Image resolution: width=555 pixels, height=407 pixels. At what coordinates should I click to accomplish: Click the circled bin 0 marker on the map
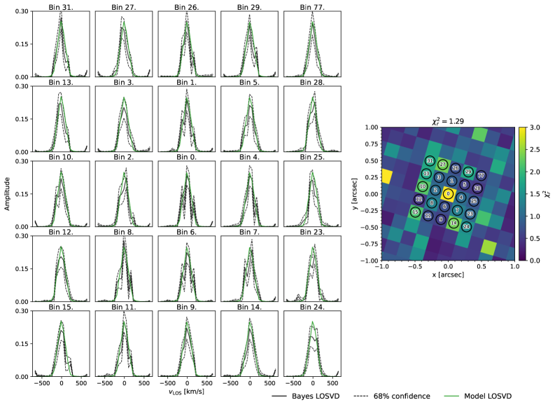pos(449,194)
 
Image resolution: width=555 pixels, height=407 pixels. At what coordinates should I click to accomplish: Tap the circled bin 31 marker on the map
pos(430,162)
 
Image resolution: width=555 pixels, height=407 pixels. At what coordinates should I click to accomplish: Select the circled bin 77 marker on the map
pos(481,175)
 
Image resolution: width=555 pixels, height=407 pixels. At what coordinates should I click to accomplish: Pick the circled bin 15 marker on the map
pos(416,212)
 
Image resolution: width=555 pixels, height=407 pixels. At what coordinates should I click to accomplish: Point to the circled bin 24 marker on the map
pos(467,226)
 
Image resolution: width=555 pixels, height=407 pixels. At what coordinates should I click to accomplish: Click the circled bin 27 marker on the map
pos(443,165)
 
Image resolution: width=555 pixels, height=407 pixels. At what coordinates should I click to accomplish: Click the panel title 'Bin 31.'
pos(61,6)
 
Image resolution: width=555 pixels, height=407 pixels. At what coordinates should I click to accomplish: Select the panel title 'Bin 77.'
pos(313,6)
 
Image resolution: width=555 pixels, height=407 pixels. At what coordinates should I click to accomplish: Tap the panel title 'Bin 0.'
pos(187,157)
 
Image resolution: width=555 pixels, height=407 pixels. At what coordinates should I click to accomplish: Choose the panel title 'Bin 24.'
pos(313,307)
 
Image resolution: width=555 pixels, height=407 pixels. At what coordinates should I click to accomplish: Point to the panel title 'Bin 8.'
pos(124,232)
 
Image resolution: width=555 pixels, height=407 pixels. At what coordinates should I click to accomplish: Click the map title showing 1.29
pos(449,121)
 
